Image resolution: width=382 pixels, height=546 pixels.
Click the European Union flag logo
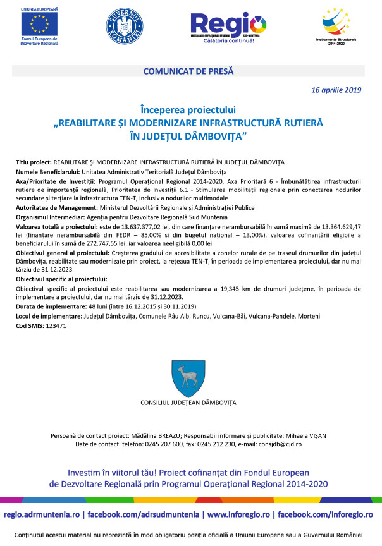pos(39,23)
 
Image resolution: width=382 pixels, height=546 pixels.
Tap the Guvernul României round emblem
pos(124,27)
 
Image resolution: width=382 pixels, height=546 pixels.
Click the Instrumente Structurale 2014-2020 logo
pos(336,25)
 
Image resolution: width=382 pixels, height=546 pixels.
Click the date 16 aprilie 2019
pos(336,90)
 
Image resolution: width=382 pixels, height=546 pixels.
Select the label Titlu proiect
pos(34,162)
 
